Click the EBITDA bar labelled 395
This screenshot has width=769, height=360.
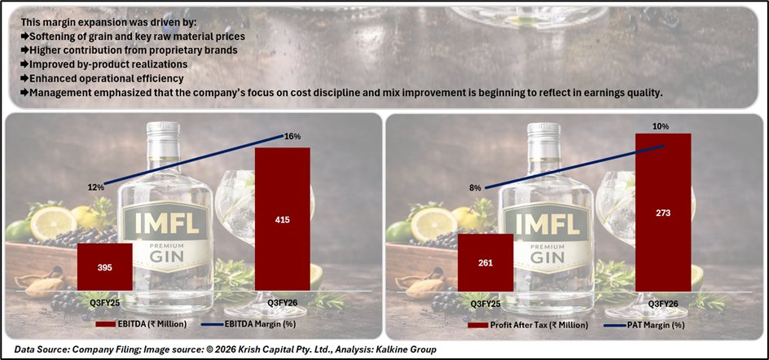click(104, 266)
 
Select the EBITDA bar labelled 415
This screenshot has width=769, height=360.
click(282, 218)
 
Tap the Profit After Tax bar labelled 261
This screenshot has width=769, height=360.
click(485, 261)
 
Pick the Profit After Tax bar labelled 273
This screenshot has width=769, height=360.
click(663, 212)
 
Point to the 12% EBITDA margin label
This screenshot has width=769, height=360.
click(96, 187)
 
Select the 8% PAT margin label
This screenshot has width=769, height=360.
click(476, 188)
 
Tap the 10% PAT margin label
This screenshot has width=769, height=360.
click(660, 126)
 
